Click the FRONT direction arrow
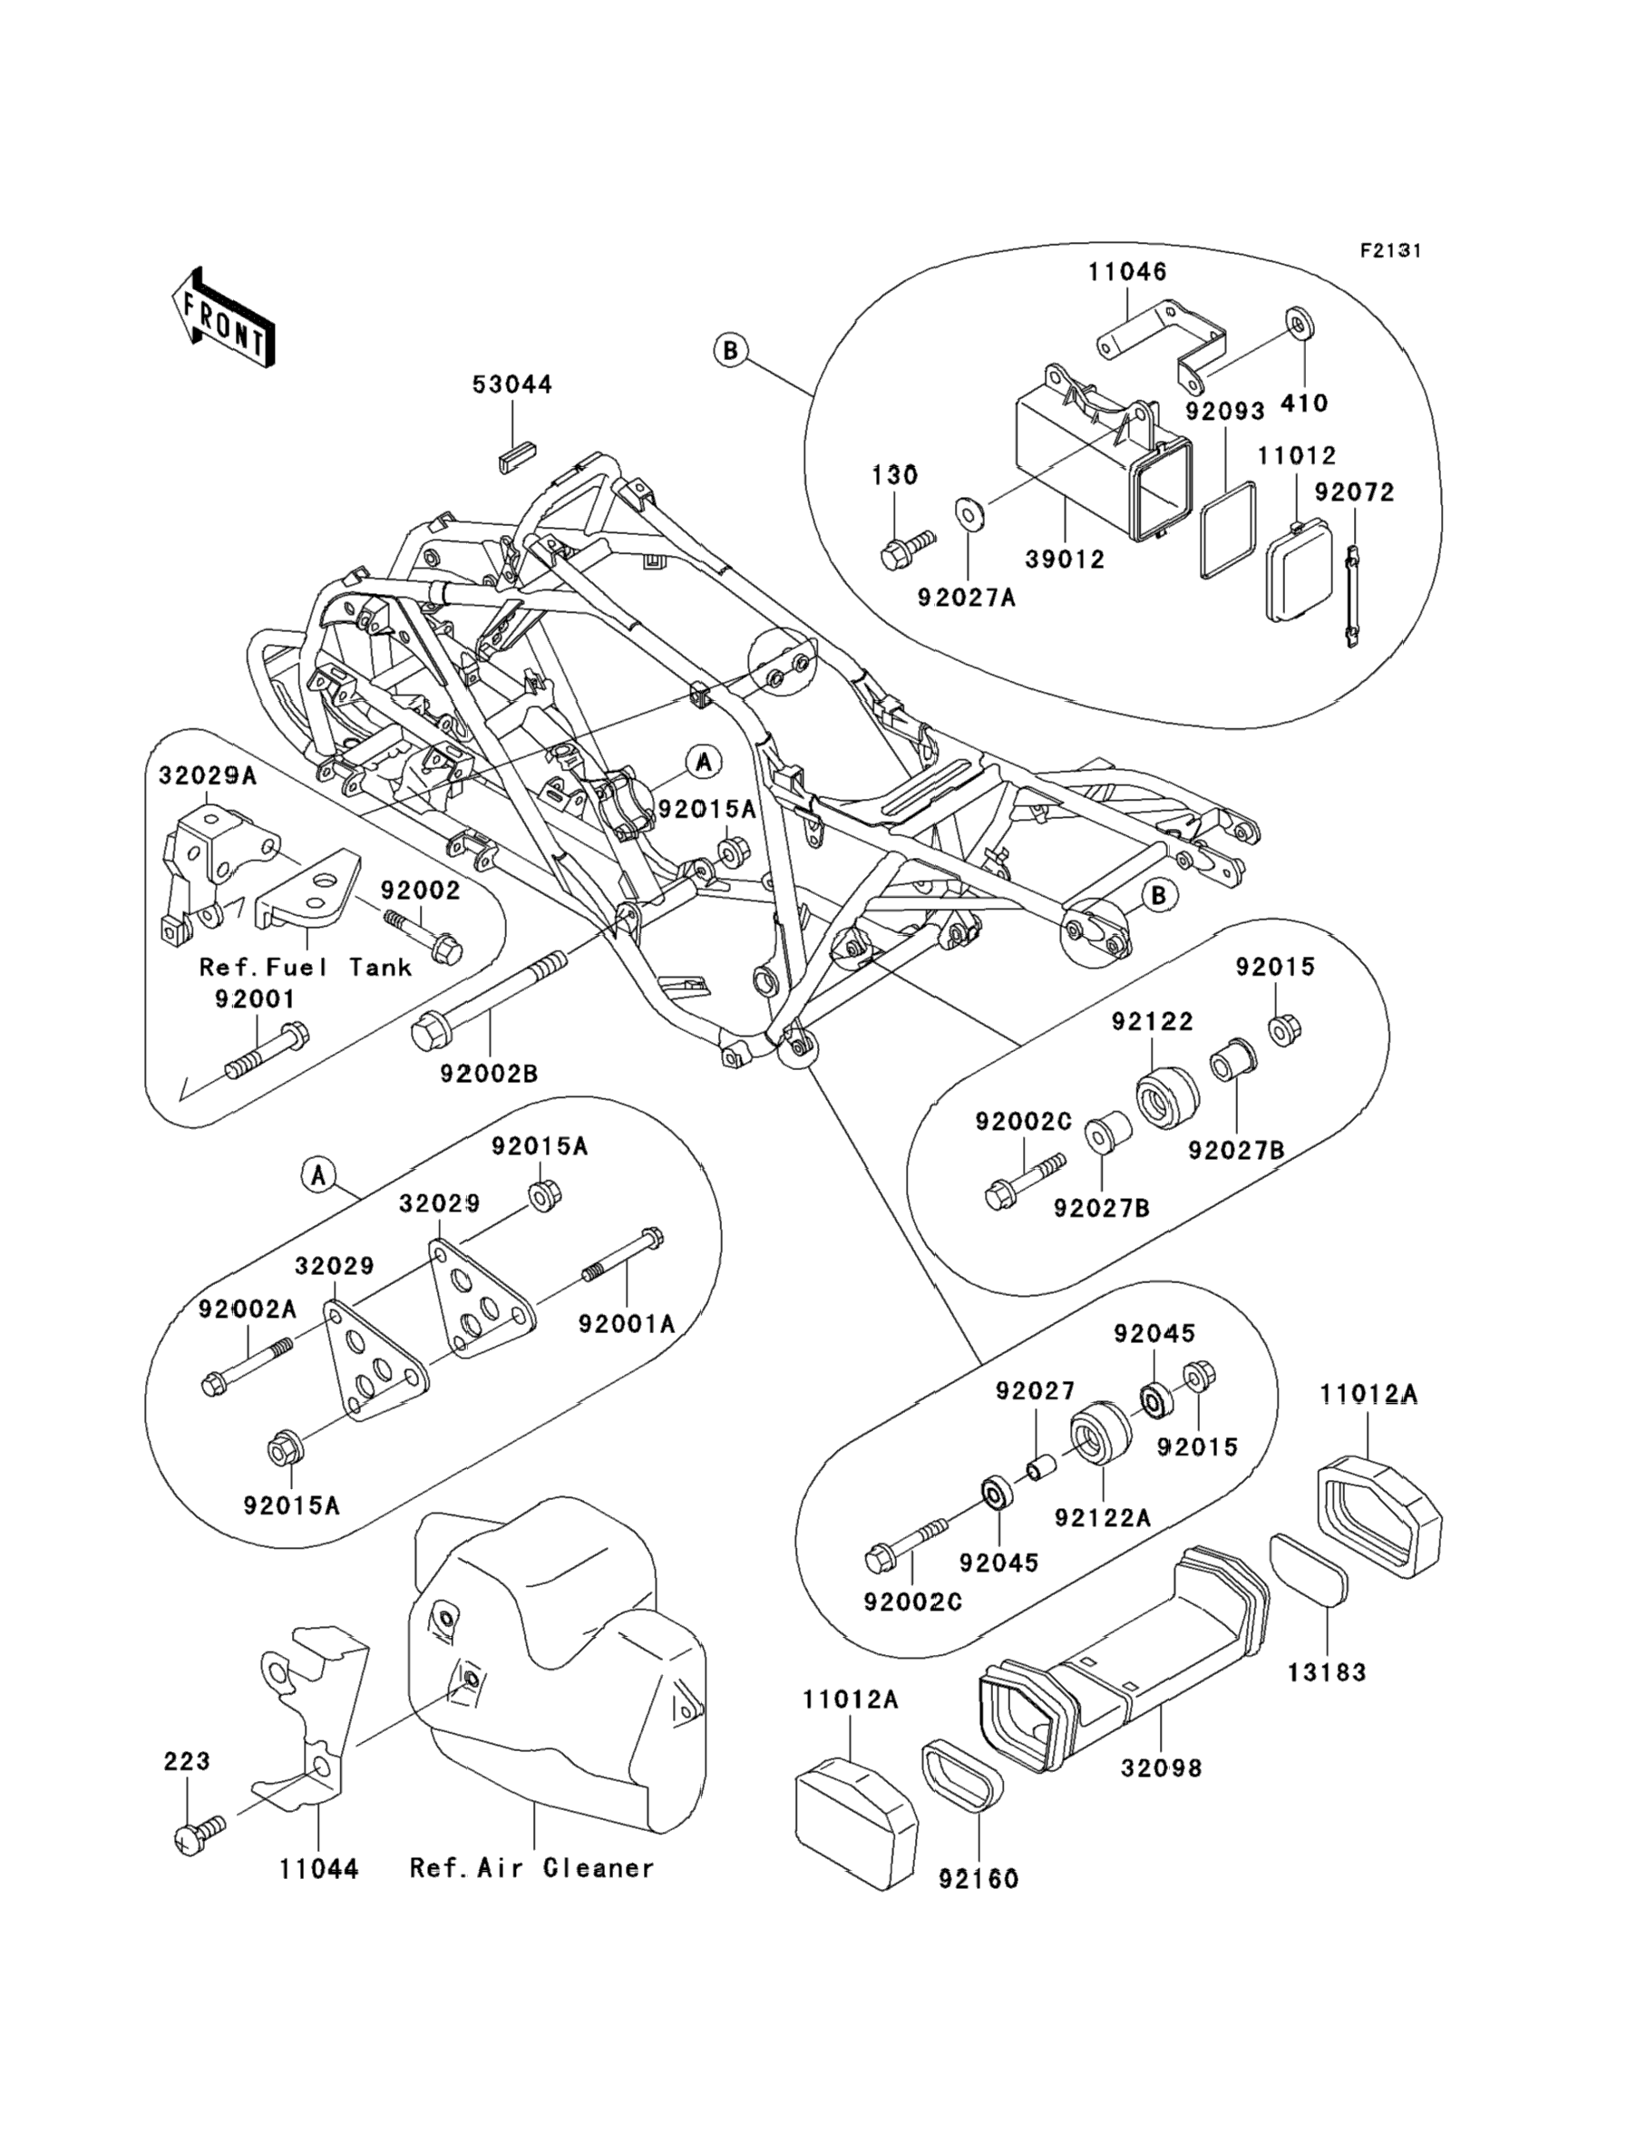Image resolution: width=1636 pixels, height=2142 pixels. tap(221, 318)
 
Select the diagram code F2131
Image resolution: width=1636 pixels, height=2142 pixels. tap(1390, 251)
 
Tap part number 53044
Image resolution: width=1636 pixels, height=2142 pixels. tap(512, 385)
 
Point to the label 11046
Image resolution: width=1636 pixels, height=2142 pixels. tap(1127, 272)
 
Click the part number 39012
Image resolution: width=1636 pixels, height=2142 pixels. tap(1066, 560)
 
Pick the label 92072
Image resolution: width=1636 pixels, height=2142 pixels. tap(1355, 492)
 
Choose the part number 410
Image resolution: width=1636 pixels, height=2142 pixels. tap(1304, 403)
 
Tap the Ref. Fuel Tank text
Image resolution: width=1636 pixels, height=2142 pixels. tap(306, 968)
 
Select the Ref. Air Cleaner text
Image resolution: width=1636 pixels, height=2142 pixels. tap(531, 1868)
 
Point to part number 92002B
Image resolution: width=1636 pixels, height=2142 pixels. tap(489, 1074)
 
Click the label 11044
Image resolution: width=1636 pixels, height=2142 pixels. tap(318, 1869)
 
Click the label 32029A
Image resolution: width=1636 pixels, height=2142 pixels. tap(208, 775)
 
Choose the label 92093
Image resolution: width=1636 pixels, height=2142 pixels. tap(1225, 411)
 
